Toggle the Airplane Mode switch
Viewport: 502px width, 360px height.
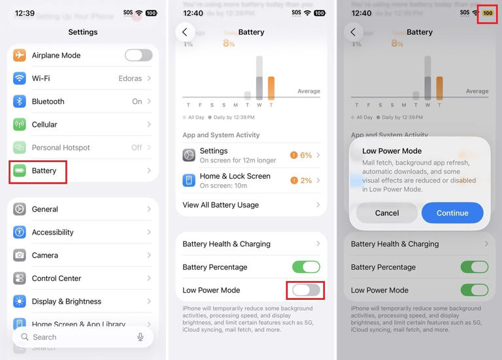tap(138, 56)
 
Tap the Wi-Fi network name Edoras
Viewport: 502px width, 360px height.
tap(130, 78)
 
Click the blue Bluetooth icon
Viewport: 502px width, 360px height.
tap(20, 101)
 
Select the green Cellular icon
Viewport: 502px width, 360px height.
tap(20, 125)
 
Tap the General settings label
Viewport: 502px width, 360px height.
tap(44, 209)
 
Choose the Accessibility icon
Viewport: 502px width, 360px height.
tap(20, 232)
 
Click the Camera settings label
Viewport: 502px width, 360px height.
tap(44, 255)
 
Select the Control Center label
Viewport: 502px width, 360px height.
tap(56, 278)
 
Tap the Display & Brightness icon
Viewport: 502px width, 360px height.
tap(20, 301)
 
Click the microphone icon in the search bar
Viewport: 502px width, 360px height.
tap(140, 337)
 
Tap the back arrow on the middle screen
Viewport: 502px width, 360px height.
tap(185, 32)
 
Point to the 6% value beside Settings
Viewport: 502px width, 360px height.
tap(305, 155)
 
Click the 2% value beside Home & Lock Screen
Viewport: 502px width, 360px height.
tap(305, 180)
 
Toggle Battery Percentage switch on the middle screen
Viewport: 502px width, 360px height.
tap(306, 267)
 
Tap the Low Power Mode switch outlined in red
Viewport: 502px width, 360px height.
tap(306, 290)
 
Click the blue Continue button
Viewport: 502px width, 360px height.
tap(452, 213)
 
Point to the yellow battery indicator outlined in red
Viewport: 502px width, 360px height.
tap(488, 13)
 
